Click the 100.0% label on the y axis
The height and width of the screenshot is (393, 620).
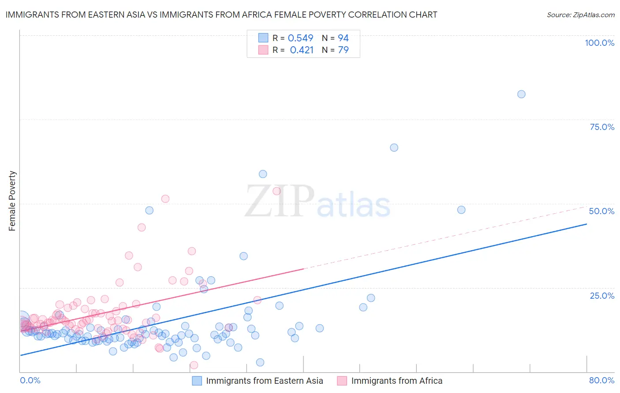599,43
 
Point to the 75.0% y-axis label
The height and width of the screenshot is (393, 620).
602,127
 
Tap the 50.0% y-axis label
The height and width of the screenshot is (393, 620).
601,211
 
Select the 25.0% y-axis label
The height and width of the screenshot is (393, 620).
602,295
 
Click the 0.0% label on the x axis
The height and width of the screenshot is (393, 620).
30,380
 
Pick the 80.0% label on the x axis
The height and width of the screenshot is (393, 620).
601,380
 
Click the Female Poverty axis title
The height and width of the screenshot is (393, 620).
12,201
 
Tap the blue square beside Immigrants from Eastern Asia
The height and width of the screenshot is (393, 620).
197,381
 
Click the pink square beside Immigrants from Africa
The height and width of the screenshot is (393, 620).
342,381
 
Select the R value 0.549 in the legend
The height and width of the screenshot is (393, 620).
300,38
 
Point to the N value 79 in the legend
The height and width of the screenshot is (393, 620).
343,50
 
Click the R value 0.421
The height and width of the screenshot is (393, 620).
302,50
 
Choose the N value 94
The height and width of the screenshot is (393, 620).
343,38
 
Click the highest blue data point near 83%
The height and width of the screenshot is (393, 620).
521,94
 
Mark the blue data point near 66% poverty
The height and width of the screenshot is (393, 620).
394,148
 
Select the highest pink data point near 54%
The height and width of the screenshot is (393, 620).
276,191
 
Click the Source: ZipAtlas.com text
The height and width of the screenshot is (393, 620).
580,15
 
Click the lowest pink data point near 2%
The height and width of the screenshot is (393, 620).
194,365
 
